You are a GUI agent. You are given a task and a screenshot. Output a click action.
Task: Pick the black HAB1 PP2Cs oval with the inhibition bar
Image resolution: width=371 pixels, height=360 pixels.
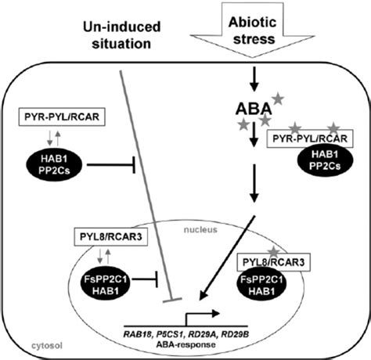point(54,165)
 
